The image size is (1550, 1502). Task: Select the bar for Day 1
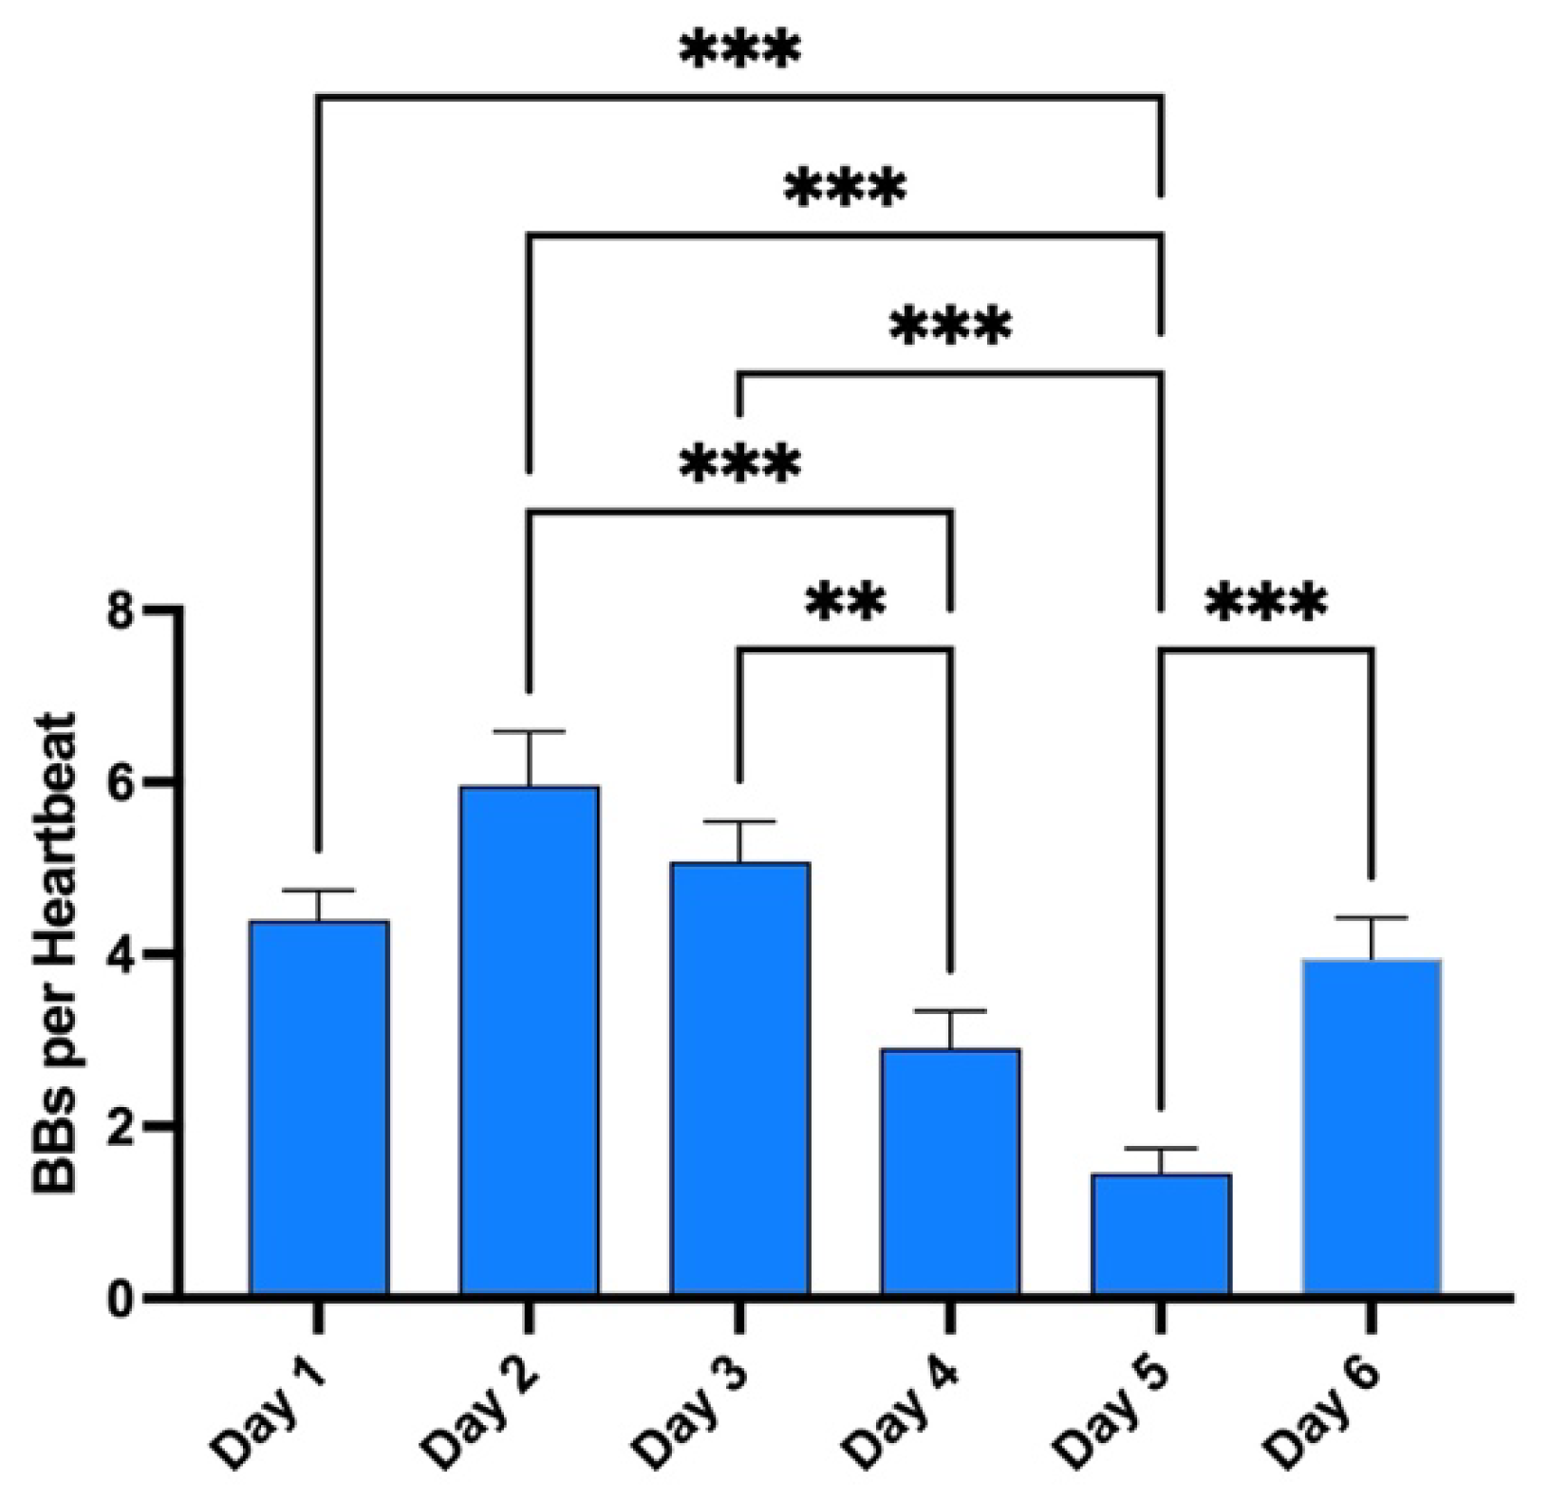click(319, 1107)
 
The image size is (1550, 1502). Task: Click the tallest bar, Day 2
click(530, 1040)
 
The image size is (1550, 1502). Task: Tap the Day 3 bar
click(740, 1079)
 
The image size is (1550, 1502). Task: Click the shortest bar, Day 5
click(1161, 1234)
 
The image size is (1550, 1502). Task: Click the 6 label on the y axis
click(124, 782)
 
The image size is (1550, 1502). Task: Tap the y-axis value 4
click(124, 954)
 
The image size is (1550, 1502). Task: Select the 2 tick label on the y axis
click(124, 1126)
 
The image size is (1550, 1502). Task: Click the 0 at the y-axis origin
click(124, 1298)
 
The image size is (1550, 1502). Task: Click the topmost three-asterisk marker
click(740, 52)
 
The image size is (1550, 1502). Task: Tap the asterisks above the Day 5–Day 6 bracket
click(1266, 602)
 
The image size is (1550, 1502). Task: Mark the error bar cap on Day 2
click(530, 732)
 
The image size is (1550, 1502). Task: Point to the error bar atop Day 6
click(1372, 919)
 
